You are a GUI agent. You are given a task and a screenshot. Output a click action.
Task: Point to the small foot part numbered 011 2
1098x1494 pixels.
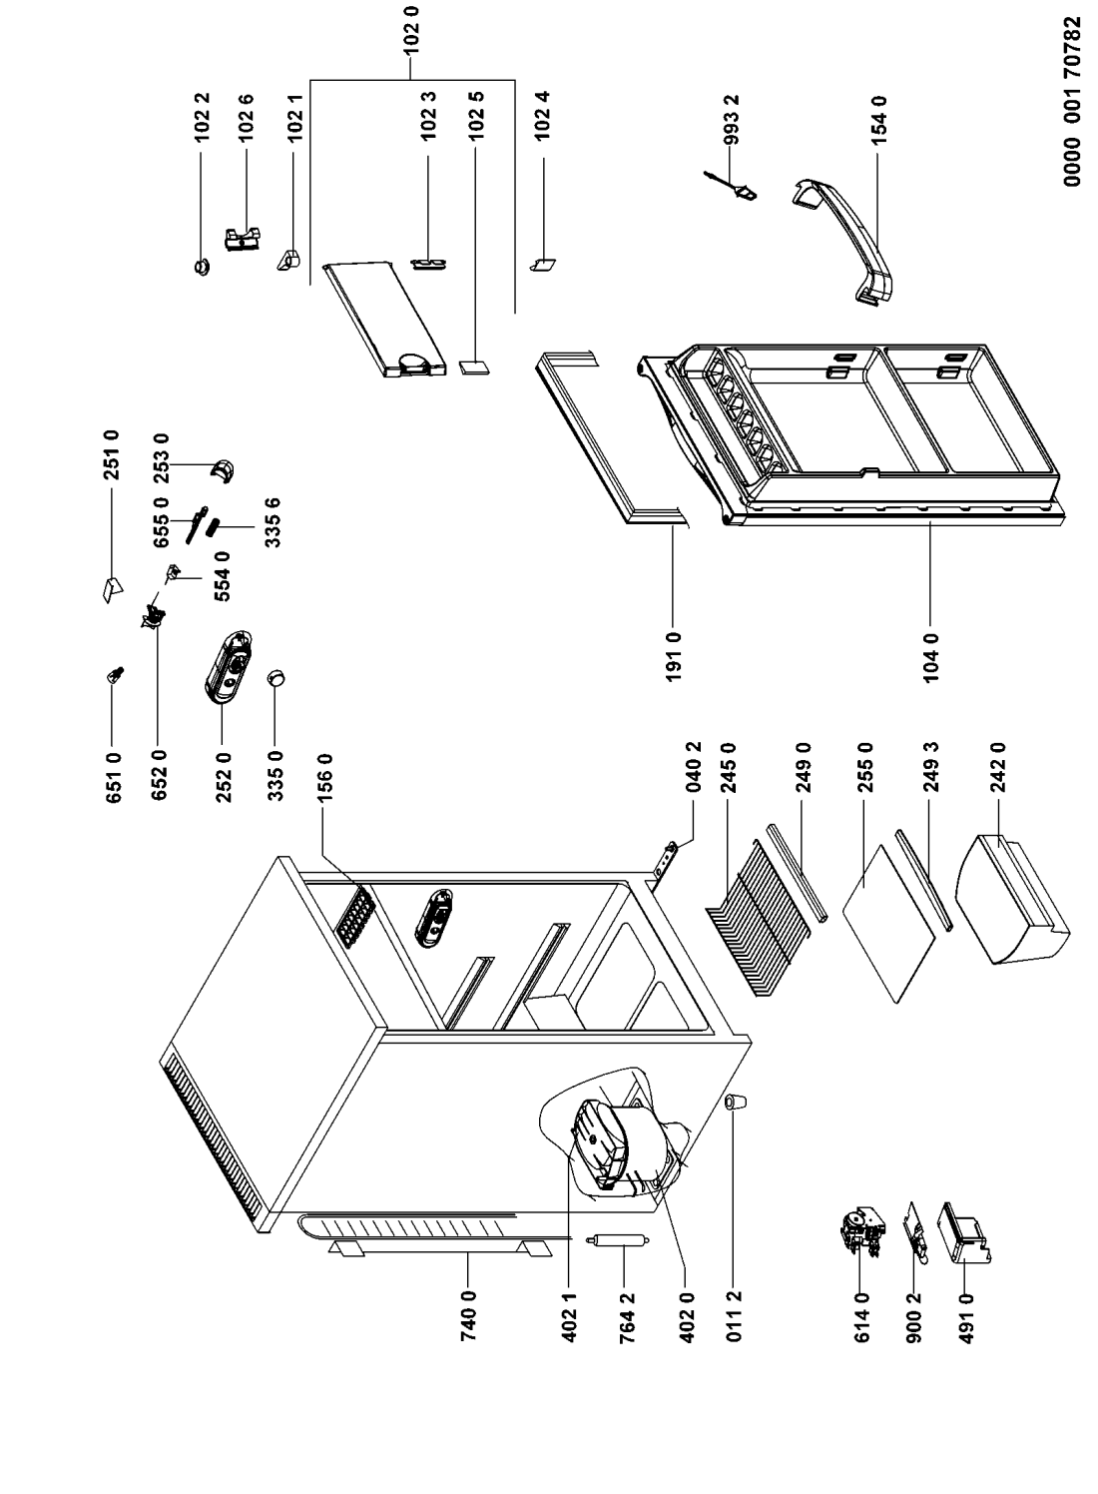738,1101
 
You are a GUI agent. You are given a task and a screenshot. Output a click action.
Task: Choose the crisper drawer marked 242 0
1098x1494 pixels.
1008,901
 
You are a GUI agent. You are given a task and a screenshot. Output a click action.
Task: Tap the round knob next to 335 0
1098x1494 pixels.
277,678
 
